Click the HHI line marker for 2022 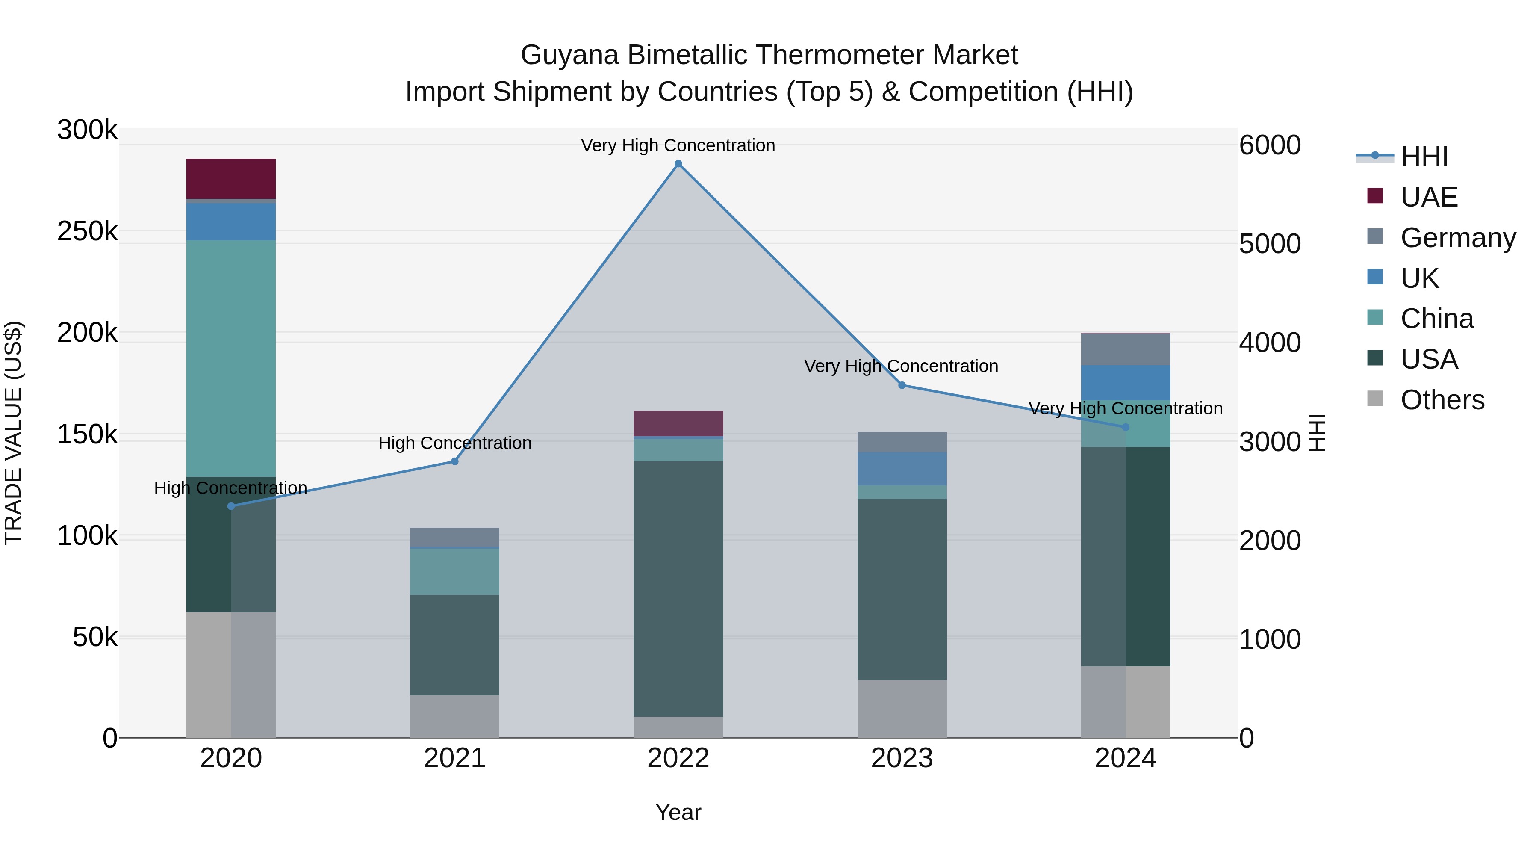[x=678, y=164]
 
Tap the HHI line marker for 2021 [x=455, y=461]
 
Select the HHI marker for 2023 [x=902, y=385]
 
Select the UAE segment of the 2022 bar [x=678, y=423]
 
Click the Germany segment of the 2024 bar [x=1126, y=349]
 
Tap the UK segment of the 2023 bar [x=902, y=469]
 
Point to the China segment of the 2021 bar [x=455, y=571]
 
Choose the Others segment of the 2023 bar [x=902, y=708]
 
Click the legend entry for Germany [x=1458, y=237]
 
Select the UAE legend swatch [x=1375, y=196]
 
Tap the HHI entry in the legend [x=1424, y=157]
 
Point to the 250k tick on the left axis [x=87, y=231]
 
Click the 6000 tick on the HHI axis [x=1270, y=145]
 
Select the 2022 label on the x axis [x=678, y=758]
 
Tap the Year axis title [x=678, y=812]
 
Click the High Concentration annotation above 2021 [x=455, y=443]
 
